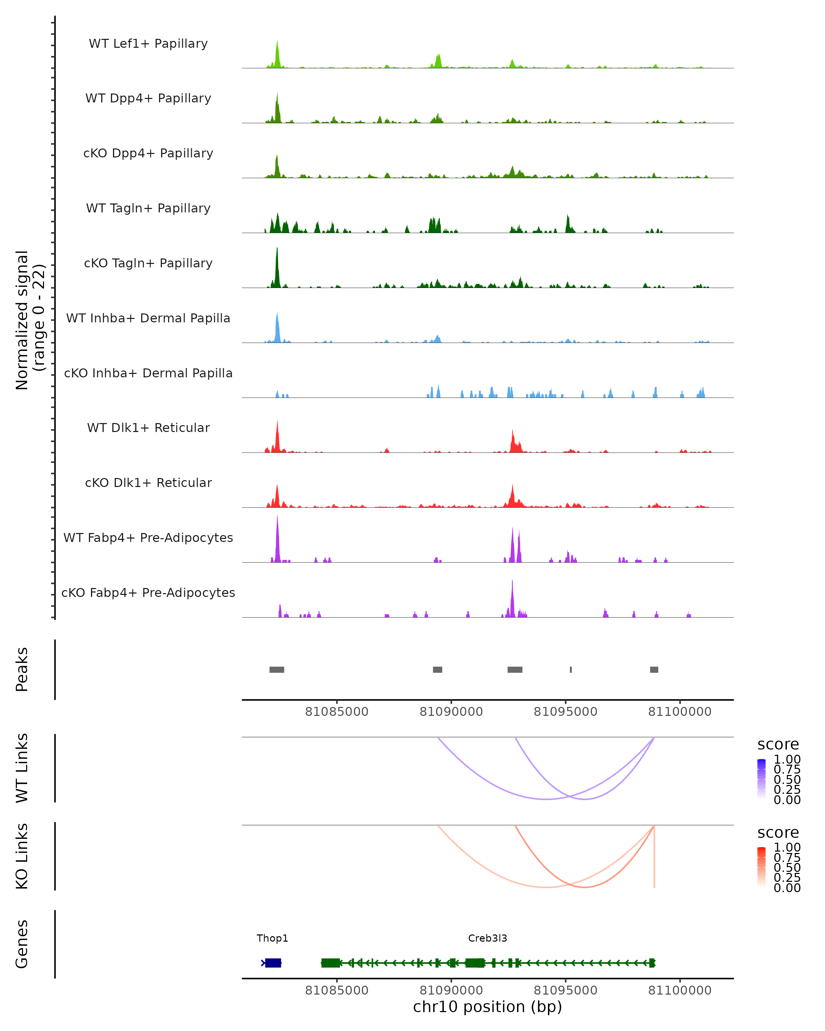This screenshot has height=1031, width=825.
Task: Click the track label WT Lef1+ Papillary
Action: point(148,44)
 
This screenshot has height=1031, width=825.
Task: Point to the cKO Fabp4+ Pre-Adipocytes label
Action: point(148,592)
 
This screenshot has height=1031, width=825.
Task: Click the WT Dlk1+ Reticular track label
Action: point(148,428)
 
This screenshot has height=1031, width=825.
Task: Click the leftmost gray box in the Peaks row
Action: point(277,669)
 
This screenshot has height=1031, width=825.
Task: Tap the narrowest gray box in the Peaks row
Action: point(571,669)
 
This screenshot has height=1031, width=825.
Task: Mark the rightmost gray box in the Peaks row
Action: point(654,669)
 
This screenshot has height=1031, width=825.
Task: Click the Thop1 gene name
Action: point(272,938)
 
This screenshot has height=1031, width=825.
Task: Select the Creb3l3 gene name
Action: point(487,938)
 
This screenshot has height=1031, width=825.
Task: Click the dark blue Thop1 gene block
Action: point(273,963)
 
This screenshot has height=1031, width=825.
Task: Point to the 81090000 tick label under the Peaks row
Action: point(451,712)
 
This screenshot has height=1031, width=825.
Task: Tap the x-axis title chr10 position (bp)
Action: point(487,1007)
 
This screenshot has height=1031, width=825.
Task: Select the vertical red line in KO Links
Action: point(654,858)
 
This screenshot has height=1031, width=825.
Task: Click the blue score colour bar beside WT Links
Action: point(761,778)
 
